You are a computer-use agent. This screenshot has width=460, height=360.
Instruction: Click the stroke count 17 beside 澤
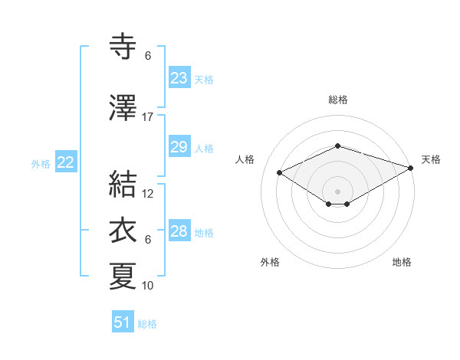coord(148,117)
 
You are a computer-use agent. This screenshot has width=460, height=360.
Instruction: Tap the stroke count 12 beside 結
coord(148,194)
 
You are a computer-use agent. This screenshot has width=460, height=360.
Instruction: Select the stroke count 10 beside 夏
coord(148,286)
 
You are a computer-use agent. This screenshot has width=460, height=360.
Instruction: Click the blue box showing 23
coord(179,78)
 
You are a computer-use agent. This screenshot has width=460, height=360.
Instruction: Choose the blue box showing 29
coord(179,147)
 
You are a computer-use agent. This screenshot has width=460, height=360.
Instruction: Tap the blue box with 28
coord(179,231)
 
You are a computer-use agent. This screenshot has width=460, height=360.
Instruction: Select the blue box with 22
coord(66,162)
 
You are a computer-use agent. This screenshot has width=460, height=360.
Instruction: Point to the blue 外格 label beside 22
coord(41,163)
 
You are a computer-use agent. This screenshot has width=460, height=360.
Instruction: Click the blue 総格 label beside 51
coord(147,324)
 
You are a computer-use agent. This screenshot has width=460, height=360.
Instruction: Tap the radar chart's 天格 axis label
coord(431,159)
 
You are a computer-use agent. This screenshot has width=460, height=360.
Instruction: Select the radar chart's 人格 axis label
coord(245,159)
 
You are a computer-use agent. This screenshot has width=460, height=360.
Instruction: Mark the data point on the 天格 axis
coord(412,168)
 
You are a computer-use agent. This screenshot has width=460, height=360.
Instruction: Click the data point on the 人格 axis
coord(279,172)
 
